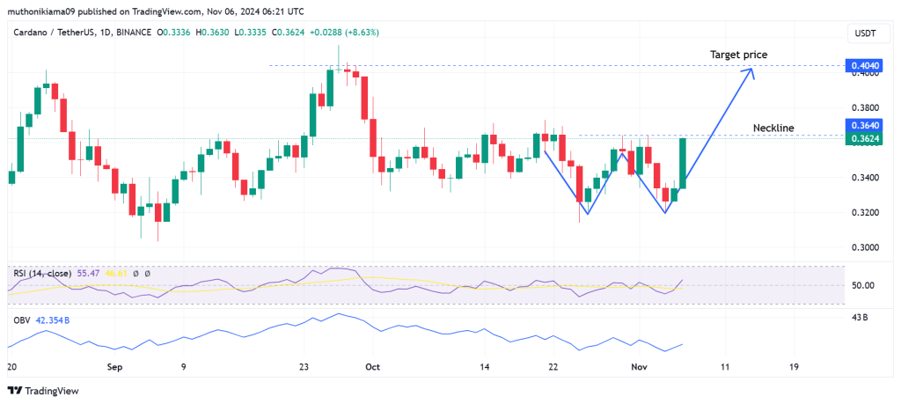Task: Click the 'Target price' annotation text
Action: point(738,55)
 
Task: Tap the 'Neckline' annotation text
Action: point(773,128)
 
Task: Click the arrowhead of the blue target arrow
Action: point(751,71)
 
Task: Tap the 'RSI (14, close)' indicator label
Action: point(43,274)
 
